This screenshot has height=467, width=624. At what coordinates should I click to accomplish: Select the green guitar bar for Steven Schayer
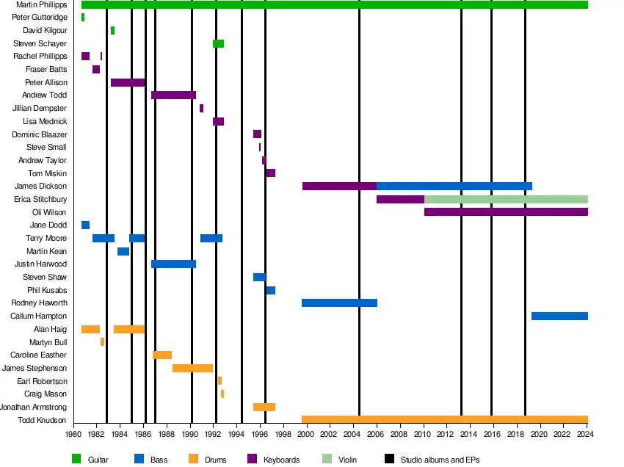pos(218,44)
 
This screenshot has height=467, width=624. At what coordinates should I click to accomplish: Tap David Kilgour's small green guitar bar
pos(112,31)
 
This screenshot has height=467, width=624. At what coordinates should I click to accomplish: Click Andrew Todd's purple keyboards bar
pos(173,95)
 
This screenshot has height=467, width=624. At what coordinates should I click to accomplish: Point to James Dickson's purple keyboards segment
pos(339,187)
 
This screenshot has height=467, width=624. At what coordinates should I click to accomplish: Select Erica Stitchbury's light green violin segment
pos(506,200)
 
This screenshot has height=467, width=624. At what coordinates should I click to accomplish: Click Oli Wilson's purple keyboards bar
pos(506,212)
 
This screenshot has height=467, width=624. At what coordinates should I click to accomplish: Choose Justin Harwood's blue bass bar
pos(173,264)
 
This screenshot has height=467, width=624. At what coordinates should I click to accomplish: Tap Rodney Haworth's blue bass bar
pos(339,303)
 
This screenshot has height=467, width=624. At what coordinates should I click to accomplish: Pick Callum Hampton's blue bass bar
pos(559,316)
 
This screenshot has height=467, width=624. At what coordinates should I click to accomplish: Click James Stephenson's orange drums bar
pos(192,369)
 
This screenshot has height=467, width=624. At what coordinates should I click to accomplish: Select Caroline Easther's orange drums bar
pos(162,355)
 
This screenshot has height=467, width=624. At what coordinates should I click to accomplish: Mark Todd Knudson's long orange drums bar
pos(444,420)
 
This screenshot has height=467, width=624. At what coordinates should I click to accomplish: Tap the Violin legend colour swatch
pos(327,460)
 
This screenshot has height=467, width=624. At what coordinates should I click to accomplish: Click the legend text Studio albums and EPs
pos(440,460)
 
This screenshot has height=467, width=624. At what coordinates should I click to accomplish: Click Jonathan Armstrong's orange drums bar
pos(264,408)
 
